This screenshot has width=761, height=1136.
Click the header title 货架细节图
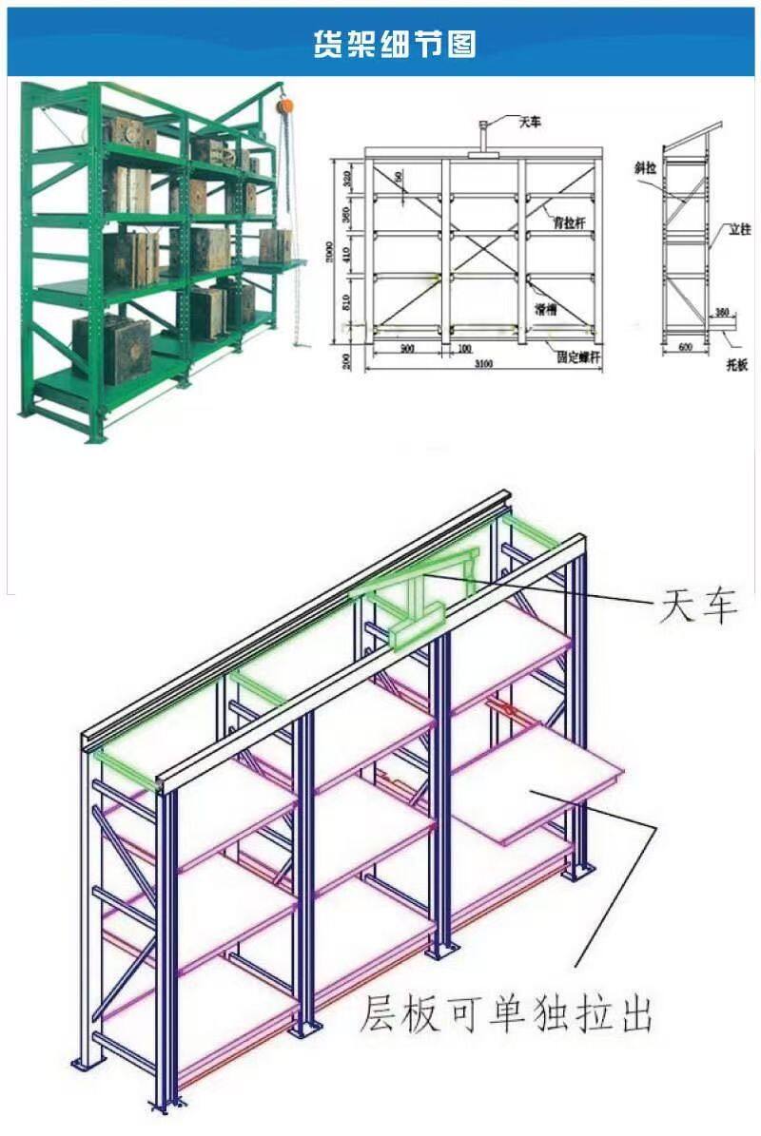[395, 43]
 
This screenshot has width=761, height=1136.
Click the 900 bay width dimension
[406, 349]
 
